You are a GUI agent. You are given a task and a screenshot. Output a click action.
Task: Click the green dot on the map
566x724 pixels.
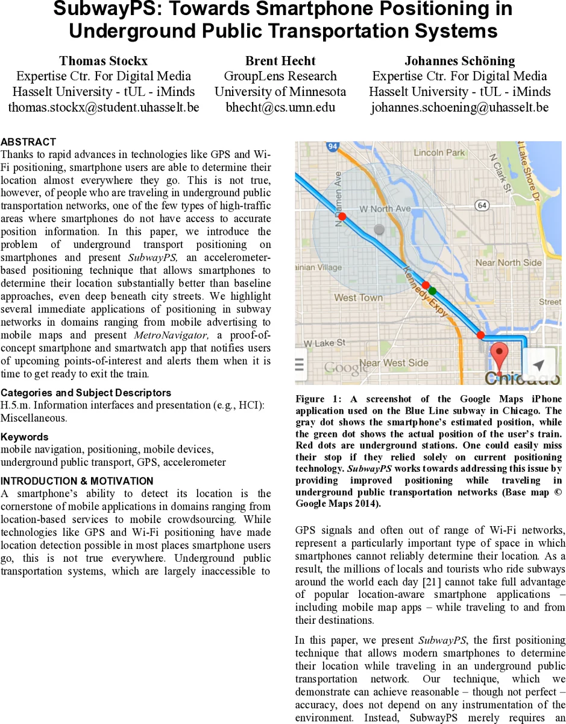pos(432,291)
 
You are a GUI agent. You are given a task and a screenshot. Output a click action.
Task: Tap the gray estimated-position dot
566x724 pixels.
pos(379,229)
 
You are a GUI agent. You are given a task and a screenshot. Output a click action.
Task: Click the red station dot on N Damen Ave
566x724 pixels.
pos(342,215)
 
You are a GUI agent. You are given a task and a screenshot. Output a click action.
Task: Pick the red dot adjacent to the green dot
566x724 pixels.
pos(426,285)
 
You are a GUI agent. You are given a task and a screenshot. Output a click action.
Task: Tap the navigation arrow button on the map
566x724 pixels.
pos(539,364)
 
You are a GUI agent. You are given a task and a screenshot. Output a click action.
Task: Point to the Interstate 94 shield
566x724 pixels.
pos(332,147)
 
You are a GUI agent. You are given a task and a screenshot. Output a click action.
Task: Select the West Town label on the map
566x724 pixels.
pos(358,297)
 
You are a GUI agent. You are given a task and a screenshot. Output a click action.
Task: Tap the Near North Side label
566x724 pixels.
pos(509,262)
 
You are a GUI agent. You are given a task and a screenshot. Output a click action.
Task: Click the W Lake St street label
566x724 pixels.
pos(327,343)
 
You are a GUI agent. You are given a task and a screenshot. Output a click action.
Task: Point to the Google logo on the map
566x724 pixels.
pos(345,367)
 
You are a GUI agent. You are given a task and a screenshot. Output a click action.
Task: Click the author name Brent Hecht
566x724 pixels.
pos(280,61)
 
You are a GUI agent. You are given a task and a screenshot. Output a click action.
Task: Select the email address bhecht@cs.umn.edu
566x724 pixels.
pos(280,107)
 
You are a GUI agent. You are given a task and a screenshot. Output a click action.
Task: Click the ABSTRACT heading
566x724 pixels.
pos(28,142)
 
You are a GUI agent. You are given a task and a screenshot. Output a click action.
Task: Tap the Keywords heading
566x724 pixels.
pos(25,437)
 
